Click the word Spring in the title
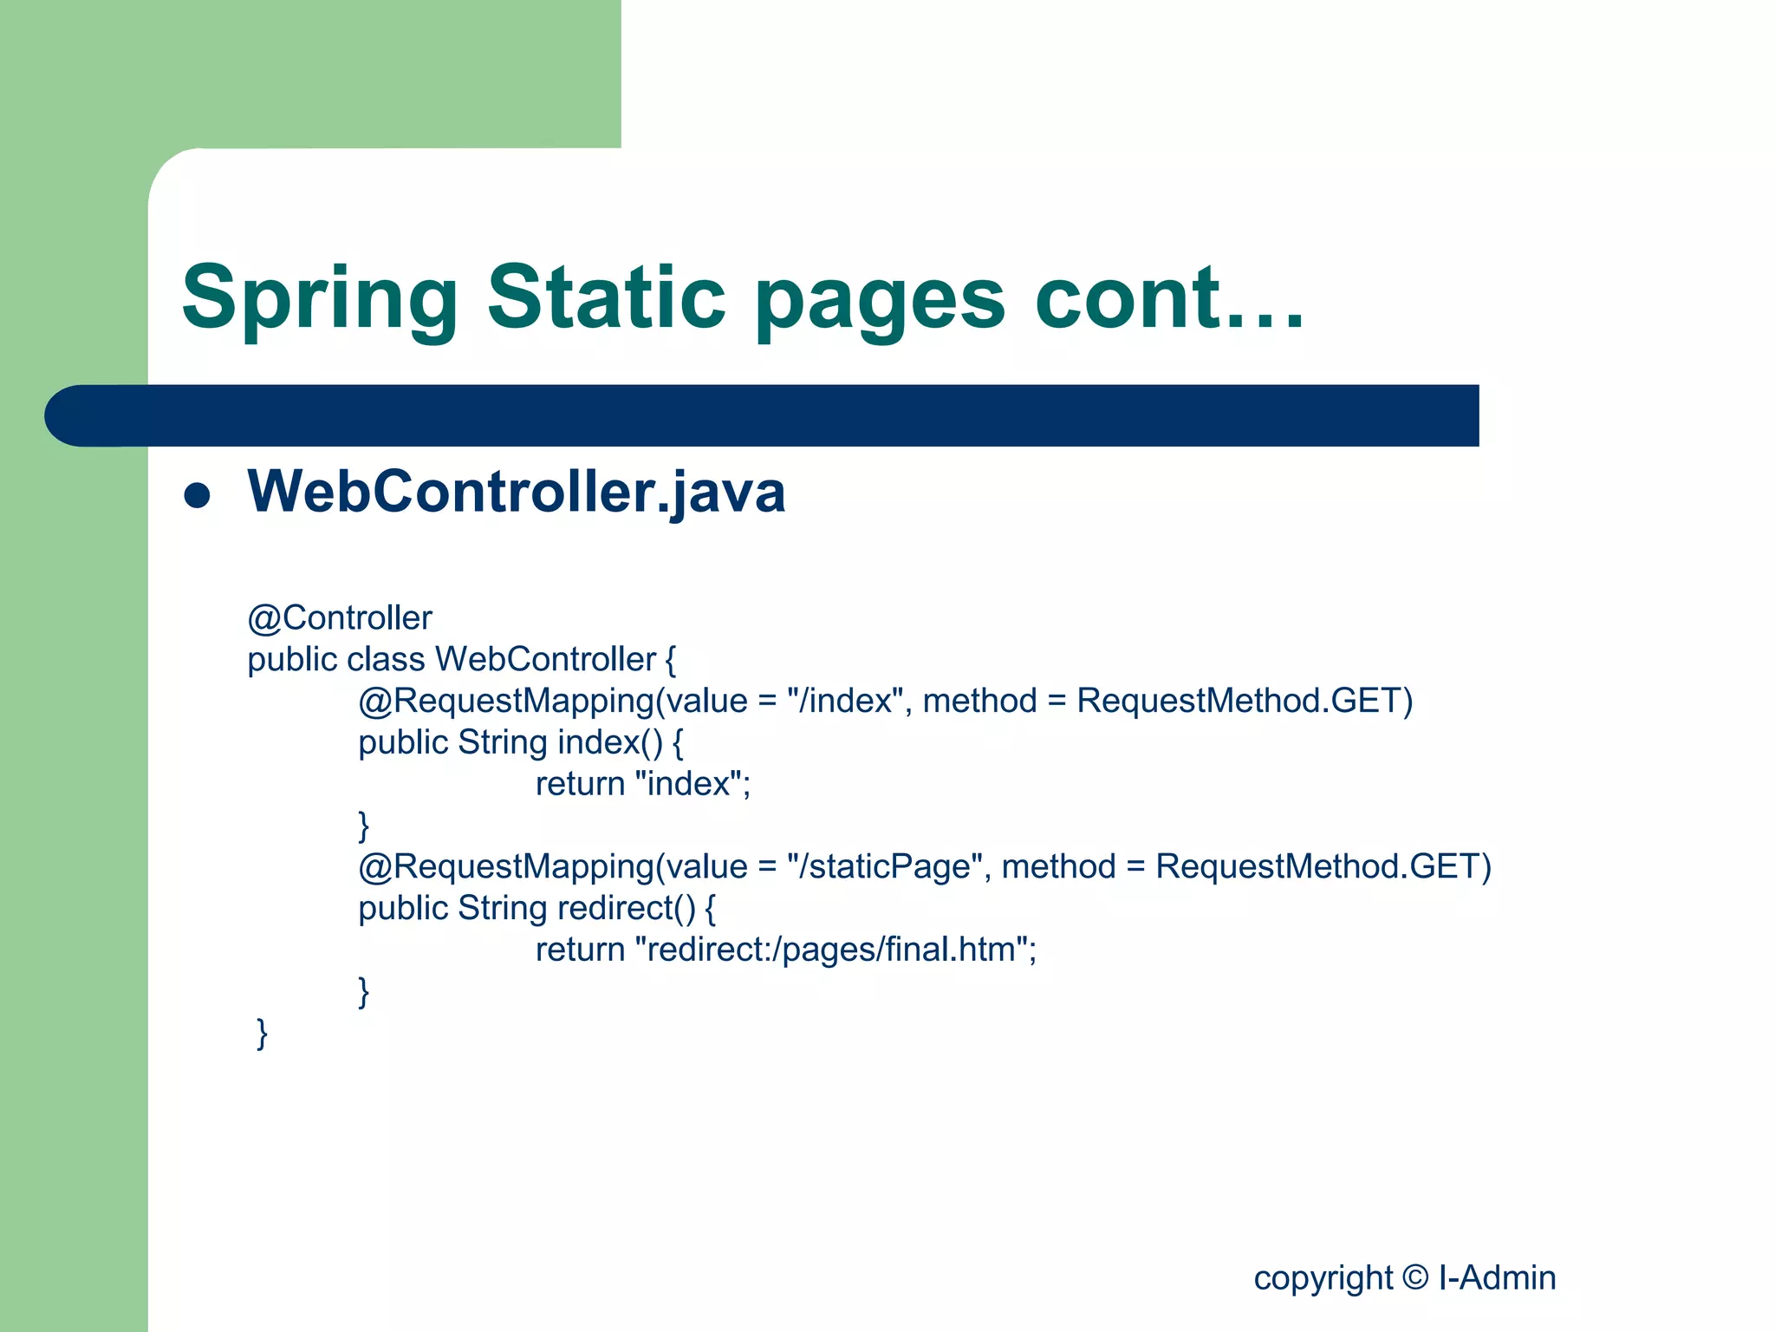tap(319, 299)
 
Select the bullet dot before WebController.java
tap(198, 495)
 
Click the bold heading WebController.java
tap(517, 492)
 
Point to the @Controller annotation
tap(339, 618)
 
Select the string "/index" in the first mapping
tap(845, 701)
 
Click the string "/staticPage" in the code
tap(884, 866)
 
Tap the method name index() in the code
tap(610, 742)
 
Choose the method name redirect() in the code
tap(627, 908)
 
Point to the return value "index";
tap(692, 784)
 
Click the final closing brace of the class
tap(262, 1033)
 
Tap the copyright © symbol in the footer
tap(1415, 1277)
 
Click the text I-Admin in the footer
tap(1497, 1277)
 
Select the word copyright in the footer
tap(1323, 1278)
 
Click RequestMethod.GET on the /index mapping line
tap(1245, 701)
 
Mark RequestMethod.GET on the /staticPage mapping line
tap(1323, 866)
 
